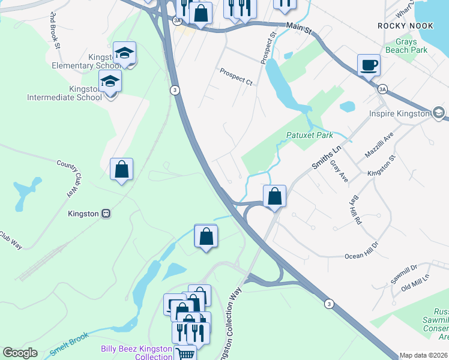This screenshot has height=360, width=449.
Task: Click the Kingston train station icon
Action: pyautogui.click(x=106, y=213)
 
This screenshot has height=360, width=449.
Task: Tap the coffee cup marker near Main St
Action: pyautogui.click(x=368, y=65)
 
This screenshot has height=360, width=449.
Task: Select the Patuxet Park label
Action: pyautogui.click(x=309, y=136)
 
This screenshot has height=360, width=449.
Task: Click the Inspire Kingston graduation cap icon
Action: pyautogui.click(x=439, y=113)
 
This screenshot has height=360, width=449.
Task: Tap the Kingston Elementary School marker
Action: pyautogui.click(x=124, y=53)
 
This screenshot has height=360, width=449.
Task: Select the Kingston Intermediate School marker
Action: pyautogui.click(x=110, y=81)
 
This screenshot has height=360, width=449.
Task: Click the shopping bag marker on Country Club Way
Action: pyautogui.click(x=122, y=169)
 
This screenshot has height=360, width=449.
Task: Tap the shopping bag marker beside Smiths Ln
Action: pyautogui.click(x=274, y=196)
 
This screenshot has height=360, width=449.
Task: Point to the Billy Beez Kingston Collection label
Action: pyautogui.click(x=137, y=352)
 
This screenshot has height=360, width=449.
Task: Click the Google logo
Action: pyautogui.click(x=20, y=353)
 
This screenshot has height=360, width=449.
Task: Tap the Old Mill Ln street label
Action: pyautogui.click(x=416, y=280)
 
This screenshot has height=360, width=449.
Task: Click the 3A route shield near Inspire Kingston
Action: pyautogui.click(x=383, y=89)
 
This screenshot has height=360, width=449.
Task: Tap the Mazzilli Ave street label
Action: pyautogui.click(x=378, y=146)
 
